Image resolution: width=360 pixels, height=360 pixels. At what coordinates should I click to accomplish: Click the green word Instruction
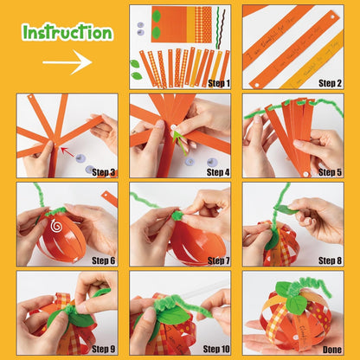tap(67, 33)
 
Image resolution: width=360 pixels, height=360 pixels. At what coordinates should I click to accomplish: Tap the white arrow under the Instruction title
tap(67, 62)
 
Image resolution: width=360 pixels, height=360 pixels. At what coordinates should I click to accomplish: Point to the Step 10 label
tap(213, 349)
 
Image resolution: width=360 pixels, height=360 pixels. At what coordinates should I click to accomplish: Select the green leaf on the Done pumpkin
tap(297, 303)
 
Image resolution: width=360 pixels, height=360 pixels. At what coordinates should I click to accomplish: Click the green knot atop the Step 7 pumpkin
tap(177, 215)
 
